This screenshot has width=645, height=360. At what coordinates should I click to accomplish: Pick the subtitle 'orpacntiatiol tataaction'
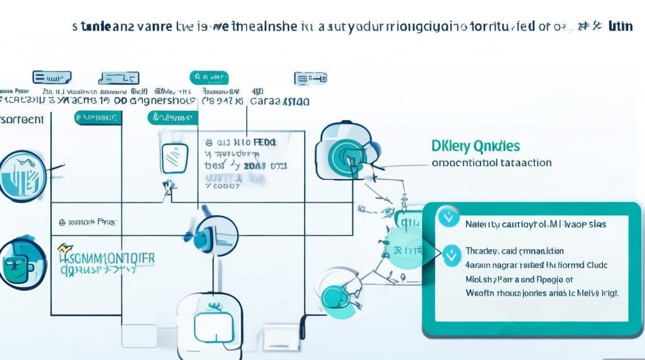click(491, 163)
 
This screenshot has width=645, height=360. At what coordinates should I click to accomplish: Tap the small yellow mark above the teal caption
click(62, 248)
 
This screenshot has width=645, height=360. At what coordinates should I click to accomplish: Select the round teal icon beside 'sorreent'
click(23, 176)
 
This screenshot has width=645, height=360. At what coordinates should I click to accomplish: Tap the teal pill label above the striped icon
click(173, 117)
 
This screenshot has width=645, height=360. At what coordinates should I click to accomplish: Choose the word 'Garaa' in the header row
click(264, 101)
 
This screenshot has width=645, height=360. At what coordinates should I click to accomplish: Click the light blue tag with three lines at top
click(52, 77)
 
